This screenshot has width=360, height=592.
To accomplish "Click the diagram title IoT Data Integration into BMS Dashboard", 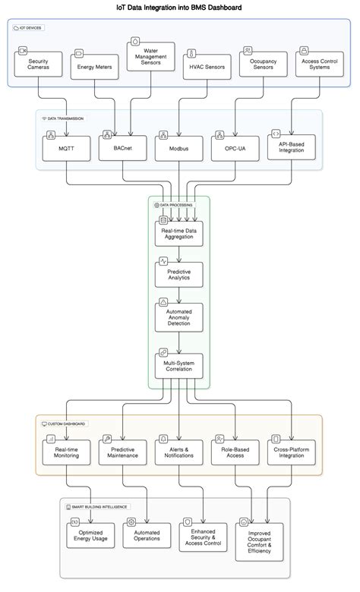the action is coord(179,7).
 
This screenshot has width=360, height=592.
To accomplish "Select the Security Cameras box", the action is coord(38,65).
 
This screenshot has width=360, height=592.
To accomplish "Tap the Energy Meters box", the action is coord(94,67).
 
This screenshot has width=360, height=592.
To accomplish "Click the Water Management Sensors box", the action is coord(150,57).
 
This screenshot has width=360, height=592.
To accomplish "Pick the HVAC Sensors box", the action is coord(207,67).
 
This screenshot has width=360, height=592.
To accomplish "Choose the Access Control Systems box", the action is coord(320,65).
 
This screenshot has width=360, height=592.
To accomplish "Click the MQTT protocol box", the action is coord(67,149).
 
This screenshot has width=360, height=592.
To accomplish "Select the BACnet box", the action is coord(123,148).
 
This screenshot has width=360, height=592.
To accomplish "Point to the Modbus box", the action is coord(179,149).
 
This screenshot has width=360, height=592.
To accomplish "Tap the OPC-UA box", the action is coord(235,149).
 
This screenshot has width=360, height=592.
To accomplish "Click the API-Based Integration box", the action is coord(292,147).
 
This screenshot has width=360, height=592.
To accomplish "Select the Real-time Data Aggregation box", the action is coord(179,234).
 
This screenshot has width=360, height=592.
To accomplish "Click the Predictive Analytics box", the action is coord(179,275).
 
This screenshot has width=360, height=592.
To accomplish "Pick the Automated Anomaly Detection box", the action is coord(179,317).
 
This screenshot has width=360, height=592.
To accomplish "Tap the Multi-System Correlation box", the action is coord(179,366).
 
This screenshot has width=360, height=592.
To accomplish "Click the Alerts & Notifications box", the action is coord(179,452).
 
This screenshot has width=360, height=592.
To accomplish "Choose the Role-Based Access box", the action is coord(235,452).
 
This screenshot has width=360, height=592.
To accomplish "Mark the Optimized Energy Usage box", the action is coord(90,535).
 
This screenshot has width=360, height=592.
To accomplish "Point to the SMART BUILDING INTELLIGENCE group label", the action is coord(97,507).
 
